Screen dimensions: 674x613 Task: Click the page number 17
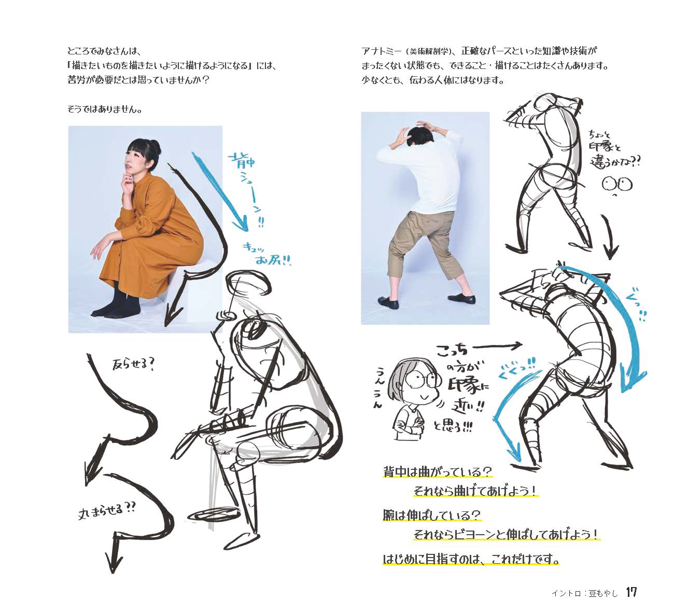pyautogui.click(x=631, y=592)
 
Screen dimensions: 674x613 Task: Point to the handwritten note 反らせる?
pyautogui.click(x=134, y=364)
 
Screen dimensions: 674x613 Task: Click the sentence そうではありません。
pyautogui.click(x=105, y=109)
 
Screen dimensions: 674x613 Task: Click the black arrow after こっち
pyautogui.click(x=498, y=345)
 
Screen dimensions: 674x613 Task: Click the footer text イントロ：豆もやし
pyautogui.click(x=585, y=593)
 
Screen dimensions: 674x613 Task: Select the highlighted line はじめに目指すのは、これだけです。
pyautogui.click(x=471, y=560)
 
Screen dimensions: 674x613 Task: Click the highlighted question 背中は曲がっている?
pyautogui.click(x=438, y=472)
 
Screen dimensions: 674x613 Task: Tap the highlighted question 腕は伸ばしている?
pyautogui.click(x=432, y=515)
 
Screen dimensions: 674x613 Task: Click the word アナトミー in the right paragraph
pyautogui.click(x=382, y=51)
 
